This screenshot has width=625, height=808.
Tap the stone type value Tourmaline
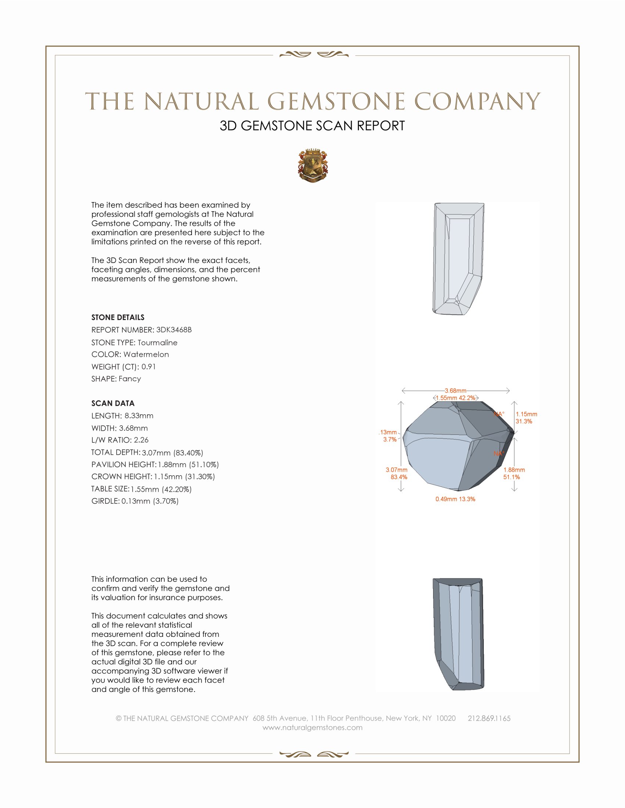tap(157, 343)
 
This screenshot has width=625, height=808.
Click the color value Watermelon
tap(146, 354)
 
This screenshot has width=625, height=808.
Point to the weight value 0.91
tap(149, 367)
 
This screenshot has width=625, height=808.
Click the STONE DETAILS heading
tap(118, 317)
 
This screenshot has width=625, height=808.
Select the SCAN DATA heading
tap(113, 403)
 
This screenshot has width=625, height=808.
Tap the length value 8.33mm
tap(139, 416)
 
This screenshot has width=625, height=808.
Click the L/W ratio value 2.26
tap(141, 440)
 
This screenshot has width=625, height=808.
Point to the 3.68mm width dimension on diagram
tap(456, 391)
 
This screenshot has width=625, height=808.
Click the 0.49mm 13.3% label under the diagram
tap(455, 499)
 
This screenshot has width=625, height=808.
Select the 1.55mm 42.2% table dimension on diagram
tap(456, 398)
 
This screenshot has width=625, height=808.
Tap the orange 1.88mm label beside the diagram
tap(514, 470)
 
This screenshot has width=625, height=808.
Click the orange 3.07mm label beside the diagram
tap(397, 470)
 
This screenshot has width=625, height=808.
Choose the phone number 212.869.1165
tap(489, 718)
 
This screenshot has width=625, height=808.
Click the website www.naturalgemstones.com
tap(312, 728)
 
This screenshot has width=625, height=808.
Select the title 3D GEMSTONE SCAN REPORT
tap(312, 126)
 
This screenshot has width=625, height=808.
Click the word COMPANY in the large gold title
tap(477, 101)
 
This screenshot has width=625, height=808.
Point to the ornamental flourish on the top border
tap(314, 55)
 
